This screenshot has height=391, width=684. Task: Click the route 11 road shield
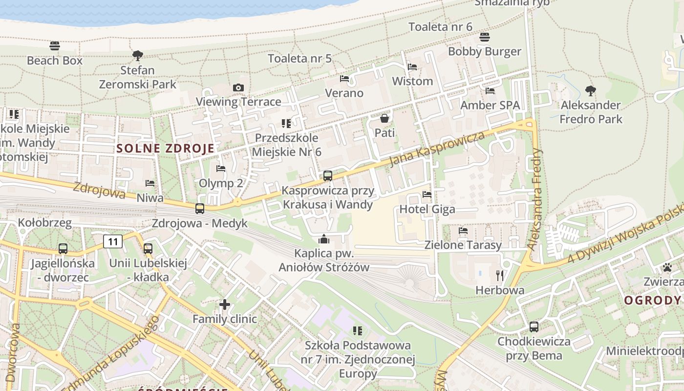tap(113, 241)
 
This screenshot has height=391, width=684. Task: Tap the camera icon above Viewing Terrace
tap(238, 87)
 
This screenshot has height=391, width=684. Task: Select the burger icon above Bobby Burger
tap(485, 37)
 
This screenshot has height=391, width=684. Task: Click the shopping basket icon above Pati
tap(385, 118)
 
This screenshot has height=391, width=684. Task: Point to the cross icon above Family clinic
tap(225, 304)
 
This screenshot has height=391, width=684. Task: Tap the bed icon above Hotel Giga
tap(427, 195)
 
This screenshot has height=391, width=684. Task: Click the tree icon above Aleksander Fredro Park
tap(591, 90)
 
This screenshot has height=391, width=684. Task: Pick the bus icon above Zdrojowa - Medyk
tap(200, 209)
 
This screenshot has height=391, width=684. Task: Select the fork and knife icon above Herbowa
tap(500, 276)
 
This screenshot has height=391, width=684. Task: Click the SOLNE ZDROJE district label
tap(165, 149)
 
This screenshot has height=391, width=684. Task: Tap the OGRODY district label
tap(652, 300)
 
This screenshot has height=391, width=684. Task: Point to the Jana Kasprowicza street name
tap(438, 148)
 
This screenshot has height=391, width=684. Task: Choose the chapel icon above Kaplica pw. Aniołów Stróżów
tap(324, 239)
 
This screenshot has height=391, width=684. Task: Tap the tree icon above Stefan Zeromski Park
tap(138, 55)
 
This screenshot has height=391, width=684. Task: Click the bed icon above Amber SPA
tap(490, 91)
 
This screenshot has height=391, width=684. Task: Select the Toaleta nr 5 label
tap(299, 59)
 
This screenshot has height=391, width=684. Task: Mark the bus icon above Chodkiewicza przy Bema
tap(534, 326)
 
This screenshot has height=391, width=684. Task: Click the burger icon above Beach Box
tap(55, 46)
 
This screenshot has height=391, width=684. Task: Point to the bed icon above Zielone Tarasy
tap(463, 230)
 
